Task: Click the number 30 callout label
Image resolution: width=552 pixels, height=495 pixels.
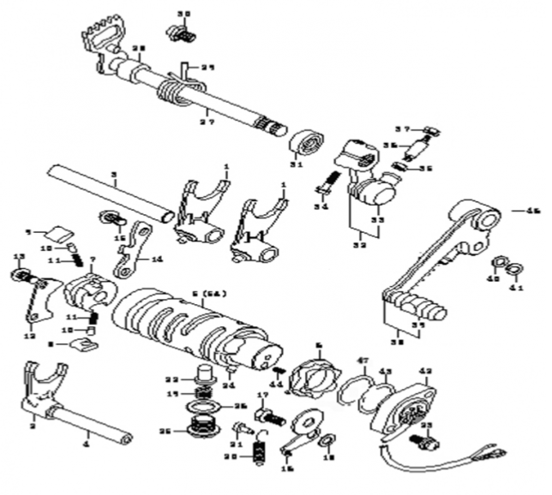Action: point(183,15)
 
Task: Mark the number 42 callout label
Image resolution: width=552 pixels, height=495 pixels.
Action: point(426,372)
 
